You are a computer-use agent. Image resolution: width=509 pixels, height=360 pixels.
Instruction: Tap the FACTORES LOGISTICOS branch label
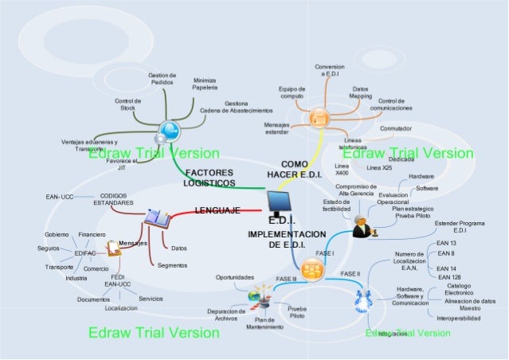(x=209, y=178)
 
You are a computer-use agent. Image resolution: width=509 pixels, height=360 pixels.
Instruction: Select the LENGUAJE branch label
(x=217, y=210)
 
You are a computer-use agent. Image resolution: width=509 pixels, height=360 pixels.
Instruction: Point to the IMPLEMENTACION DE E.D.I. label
(x=287, y=239)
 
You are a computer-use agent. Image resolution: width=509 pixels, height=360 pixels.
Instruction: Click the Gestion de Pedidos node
(x=162, y=79)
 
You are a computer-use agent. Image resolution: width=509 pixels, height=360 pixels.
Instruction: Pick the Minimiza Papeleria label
(x=205, y=84)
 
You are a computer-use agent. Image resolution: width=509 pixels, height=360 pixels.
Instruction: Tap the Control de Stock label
(x=127, y=104)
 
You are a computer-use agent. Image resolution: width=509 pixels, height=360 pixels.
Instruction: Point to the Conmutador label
(x=396, y=128)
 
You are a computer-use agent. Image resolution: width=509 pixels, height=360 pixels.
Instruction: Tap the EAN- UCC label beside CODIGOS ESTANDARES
(x=61, y=195)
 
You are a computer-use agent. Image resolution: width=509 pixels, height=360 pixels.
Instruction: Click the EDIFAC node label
(x=84, y=253)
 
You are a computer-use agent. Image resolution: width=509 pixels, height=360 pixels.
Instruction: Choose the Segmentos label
(x=172, y=265)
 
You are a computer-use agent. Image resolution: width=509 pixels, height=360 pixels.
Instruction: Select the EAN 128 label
(x=449, y=276)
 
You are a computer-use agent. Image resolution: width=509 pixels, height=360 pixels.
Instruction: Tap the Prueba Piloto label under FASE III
(x=296, y=311)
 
